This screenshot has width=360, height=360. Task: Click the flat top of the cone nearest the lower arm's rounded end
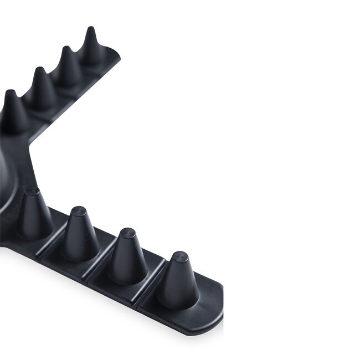click(179, 256)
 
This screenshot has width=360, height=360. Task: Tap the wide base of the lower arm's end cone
click(178, 299)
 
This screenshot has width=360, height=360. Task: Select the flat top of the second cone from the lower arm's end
click(127, 233)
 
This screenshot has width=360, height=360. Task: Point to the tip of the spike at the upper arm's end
click(90, 29)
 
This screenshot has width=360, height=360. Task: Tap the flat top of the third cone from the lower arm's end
click(79, 211)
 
